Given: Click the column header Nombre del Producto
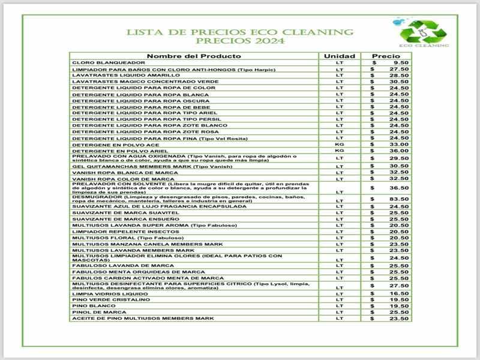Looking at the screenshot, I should (x=194, y=56).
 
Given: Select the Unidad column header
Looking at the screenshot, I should (x=340, y=56).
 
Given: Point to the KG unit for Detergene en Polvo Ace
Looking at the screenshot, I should (x=340, y=144).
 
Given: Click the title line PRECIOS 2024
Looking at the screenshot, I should (x=240, y=41).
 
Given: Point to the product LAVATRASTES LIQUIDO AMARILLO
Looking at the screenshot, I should (x=118, y=76).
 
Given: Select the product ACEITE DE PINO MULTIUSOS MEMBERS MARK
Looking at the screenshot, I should (x=143, y=318).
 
